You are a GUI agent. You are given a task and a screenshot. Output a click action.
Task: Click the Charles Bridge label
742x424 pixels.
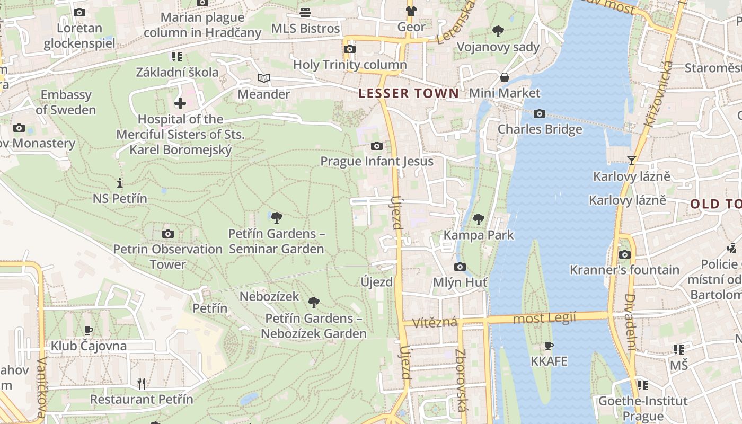click(x=540, y=129)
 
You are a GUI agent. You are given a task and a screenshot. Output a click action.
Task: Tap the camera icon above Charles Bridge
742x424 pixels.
click(x=540, y=113)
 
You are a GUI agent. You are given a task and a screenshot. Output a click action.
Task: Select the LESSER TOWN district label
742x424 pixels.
click(x=409, y=94)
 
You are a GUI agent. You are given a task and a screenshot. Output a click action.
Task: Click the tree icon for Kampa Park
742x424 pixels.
click(x=479, y=219)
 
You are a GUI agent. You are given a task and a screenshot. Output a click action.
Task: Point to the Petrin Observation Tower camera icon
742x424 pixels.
click(x=168, y=234)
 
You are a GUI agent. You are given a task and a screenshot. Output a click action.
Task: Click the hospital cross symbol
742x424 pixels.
click(x=180, y=103)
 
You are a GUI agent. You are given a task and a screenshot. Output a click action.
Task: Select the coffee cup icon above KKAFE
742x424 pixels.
click(x=549, y=346)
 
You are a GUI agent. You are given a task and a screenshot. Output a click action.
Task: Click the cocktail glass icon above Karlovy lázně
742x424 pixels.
click(x=631, y=160)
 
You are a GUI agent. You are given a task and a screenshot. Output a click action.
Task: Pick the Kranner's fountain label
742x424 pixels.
click(x=624, y=270)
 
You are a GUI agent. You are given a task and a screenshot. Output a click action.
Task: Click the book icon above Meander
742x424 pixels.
click(x=264, y=78)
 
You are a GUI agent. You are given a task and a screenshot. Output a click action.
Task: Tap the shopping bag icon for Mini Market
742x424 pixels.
click(x=505, y=77)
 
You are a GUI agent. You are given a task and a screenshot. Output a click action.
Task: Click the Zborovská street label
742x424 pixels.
click(x=461, y=379)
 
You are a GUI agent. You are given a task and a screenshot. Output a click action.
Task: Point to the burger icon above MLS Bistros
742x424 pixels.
click(x=305, y=12)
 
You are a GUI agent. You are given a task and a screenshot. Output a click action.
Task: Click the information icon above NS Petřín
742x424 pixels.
click(x=120, y=183)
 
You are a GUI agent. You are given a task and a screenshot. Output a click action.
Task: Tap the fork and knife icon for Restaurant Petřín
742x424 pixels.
click(x=142, y=383)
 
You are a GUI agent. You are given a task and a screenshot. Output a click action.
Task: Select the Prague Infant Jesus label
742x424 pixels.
click(x=377, y=161)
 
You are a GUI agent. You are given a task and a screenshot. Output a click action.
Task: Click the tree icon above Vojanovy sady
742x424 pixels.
click(x=498, y=31)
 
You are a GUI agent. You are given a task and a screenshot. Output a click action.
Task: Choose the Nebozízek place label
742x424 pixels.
click(x=269, y=296)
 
